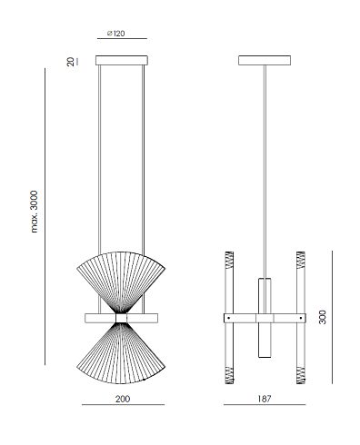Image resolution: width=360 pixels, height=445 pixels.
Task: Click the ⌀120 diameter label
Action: tap(115, 33)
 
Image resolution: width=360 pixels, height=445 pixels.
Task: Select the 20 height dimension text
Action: tap(70, 62)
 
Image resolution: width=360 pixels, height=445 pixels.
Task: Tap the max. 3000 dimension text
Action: tap(35, 212)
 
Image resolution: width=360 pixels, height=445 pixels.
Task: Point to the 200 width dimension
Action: tap(123, 399)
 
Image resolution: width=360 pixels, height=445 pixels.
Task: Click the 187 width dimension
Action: tap(265, 399)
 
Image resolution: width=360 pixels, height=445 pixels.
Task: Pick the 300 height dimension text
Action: tap(323, 317)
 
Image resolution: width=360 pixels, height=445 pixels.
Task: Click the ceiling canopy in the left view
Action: tap(122, 60)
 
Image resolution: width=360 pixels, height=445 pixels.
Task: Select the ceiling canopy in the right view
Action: tap(265, 60)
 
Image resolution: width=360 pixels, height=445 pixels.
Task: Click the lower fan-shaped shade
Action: tap(121, 353)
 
